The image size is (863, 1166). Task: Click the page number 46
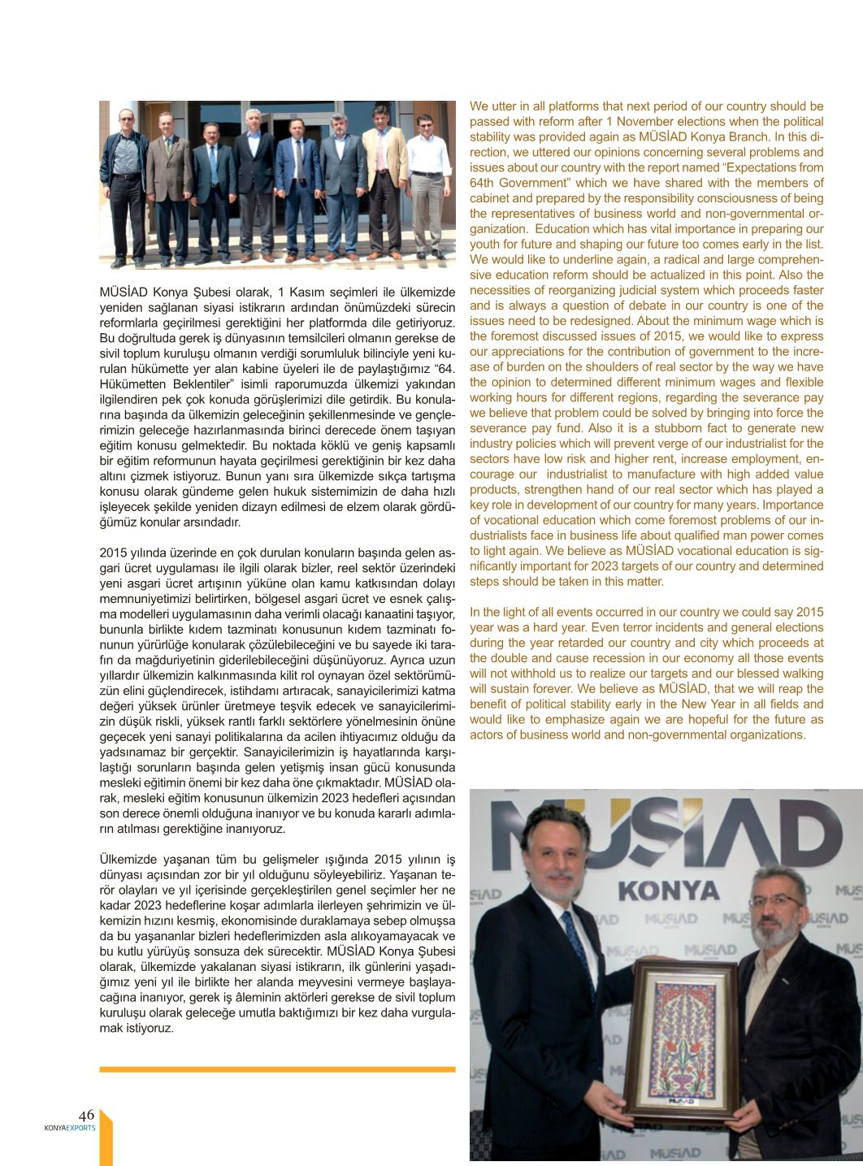86,1115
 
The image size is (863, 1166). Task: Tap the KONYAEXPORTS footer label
70,1128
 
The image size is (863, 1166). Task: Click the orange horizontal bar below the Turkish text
277,1069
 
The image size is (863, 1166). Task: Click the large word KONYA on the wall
668,891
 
